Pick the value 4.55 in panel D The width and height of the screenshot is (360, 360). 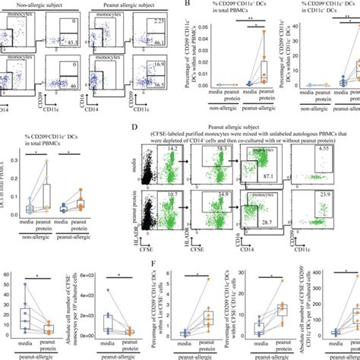324,160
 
